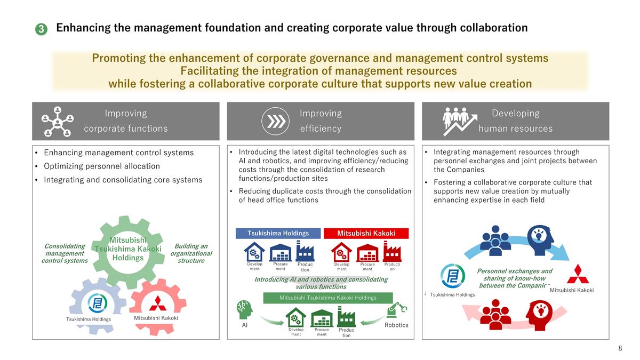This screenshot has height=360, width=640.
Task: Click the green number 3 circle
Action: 41,29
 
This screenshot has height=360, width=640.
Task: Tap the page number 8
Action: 620,348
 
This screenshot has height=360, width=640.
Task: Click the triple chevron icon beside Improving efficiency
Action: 275,121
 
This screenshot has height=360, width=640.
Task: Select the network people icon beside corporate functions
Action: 58,122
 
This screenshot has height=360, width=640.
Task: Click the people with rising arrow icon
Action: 460,122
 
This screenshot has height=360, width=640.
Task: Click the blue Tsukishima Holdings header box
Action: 278,233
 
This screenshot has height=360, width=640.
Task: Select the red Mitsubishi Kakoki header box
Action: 366,233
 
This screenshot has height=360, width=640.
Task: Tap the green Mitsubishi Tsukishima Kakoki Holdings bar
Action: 327,298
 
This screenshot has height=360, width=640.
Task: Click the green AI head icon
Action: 245,310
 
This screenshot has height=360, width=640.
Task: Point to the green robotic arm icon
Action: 397,310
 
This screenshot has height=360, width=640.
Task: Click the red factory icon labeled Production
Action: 392,251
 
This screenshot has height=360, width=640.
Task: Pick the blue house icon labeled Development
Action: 254,252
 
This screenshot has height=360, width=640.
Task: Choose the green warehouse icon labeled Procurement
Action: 322,318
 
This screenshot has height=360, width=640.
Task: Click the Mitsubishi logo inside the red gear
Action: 158,303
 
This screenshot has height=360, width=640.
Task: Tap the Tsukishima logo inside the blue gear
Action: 98,303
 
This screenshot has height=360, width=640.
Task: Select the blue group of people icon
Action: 495,241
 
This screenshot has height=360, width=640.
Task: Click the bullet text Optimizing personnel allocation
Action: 102,166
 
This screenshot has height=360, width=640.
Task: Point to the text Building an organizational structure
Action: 191,253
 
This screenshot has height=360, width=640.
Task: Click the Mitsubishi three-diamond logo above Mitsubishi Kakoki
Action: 578,274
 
